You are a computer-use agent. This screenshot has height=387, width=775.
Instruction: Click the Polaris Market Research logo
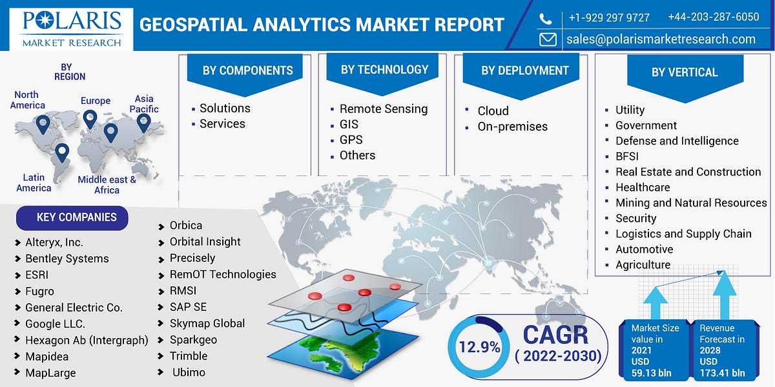point(71,29)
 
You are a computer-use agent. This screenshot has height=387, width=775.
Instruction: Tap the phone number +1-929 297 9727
point(608,17)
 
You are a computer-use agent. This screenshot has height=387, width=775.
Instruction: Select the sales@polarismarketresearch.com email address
point(661,39)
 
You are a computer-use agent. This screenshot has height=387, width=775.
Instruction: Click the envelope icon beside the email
point(548,39)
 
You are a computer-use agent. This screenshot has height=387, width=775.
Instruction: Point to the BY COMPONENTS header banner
point(247,70)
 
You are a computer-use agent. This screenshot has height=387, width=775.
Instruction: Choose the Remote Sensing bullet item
point(384,109)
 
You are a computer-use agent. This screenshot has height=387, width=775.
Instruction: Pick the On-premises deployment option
point(512,126)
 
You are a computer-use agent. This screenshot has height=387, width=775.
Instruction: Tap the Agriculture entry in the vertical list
point(643,264)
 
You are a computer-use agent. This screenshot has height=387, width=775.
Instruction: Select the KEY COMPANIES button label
point(76,217)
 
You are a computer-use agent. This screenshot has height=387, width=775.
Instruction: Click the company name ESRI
point(37,275)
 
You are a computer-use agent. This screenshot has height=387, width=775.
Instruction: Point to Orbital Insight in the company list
point(205,241)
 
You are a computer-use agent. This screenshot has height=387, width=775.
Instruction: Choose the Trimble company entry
point(189,355)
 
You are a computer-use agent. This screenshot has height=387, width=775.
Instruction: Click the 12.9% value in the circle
point(479,347)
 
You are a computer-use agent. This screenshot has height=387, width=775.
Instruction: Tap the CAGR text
point(555,335)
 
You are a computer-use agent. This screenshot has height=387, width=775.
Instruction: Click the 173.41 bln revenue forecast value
point(722,373)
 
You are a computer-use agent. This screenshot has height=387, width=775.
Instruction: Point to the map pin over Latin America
point(62,152)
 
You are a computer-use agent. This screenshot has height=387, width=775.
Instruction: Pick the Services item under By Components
point(222,124)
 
